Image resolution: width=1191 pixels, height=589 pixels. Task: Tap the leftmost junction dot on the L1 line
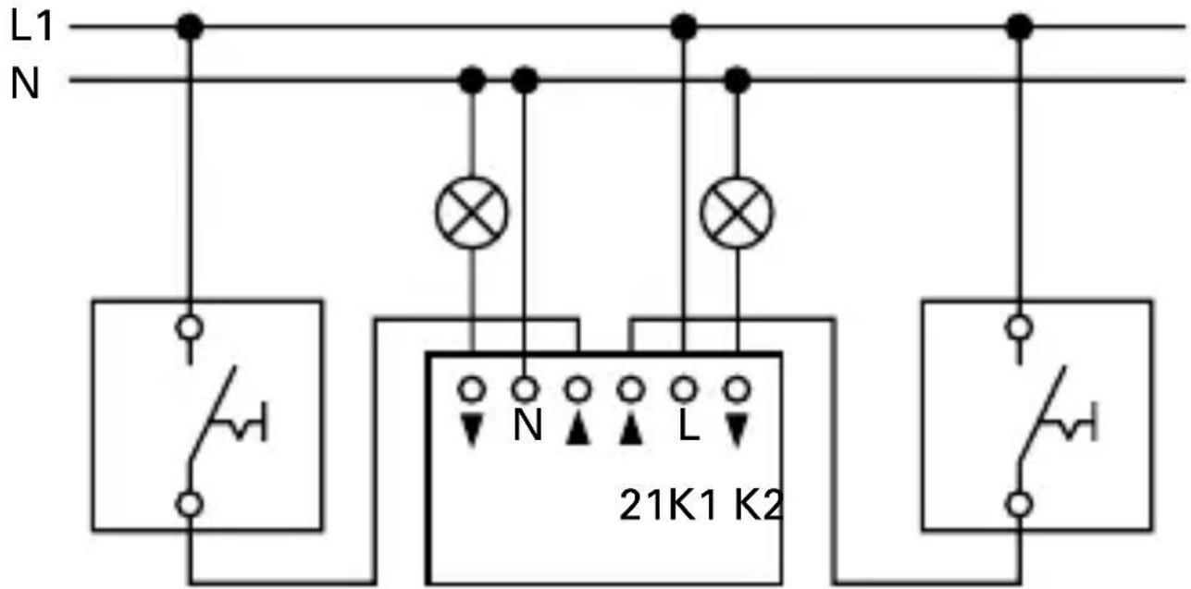(x=191, y=27)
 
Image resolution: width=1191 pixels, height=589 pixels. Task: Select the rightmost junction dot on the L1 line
(x=1019, y=27)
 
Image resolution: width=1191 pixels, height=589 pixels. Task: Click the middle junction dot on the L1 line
(x=683, y=27)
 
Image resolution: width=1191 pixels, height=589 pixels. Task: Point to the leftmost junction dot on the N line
(x=473, y=81)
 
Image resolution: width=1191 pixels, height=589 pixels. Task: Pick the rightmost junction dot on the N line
(x=737, y=81)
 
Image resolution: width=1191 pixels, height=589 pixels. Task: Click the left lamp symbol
(x=472, y=213)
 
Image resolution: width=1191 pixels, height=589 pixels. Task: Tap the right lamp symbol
(x=737, y=213)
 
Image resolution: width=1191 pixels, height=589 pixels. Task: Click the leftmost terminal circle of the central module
(x=473, y=388)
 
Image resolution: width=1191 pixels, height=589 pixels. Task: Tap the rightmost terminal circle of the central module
(x=737, y=388)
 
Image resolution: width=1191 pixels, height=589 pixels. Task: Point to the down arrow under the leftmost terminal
(x=473, y=431)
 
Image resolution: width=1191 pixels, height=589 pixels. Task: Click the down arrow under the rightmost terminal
(x=738, y=431)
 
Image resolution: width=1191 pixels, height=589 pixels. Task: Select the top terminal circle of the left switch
(x=191, y=326)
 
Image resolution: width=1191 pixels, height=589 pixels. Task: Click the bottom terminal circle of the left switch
(x=191, y=505)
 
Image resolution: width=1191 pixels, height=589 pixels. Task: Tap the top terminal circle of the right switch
(x=1019, y=326)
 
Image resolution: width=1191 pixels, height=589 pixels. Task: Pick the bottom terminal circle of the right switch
(x=1019, y=505)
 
